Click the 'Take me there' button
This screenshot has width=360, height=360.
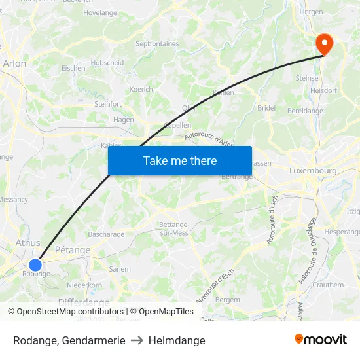180,160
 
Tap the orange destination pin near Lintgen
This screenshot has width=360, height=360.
324,44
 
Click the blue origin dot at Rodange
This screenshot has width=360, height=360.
35,264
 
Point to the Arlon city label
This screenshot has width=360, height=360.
14,63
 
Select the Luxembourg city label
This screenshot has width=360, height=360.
313,171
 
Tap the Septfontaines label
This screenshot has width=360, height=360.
156,44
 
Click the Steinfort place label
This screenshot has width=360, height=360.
108,103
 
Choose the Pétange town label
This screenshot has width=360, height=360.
73,249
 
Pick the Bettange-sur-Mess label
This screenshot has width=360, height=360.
174,228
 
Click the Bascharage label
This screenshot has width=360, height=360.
106,234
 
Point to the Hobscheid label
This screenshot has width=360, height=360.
107,63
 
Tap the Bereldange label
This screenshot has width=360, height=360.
306,111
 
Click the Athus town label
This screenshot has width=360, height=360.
27,243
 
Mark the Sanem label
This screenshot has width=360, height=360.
120,269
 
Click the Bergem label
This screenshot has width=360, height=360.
228,299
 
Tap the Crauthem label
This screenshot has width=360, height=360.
328,285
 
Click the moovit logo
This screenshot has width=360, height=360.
321,339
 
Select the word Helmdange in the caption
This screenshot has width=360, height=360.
177,340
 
